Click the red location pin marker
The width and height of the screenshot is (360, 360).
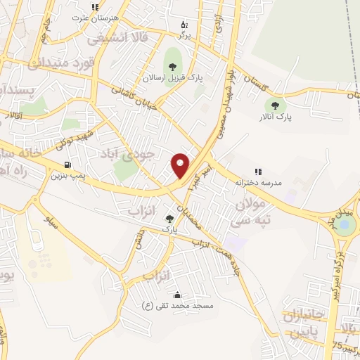tap(181, 165)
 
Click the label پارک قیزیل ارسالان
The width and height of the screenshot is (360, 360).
tap(172, 78)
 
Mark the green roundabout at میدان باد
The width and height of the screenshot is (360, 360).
tap(345, 224)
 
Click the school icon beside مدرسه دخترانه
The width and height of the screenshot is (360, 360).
tap(258, 171)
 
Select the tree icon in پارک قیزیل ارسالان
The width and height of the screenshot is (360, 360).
tap(172, 67)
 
